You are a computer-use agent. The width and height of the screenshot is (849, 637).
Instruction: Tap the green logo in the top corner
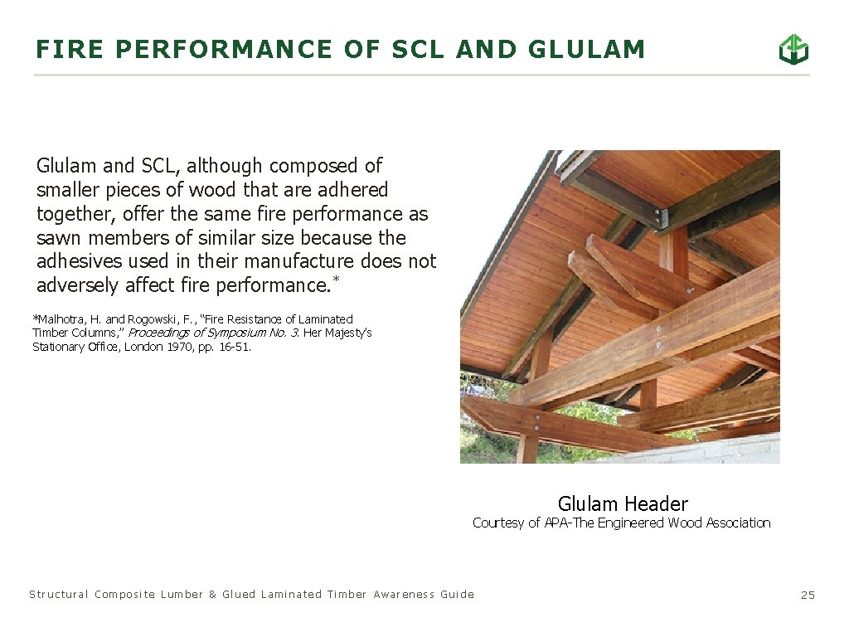(x=793, y=50)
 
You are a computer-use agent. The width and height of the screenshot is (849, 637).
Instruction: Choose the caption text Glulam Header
(x=622, y=503)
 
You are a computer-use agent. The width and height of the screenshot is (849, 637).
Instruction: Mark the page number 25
(x=808, y=595)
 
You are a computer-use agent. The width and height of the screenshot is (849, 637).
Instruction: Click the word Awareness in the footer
(x=403, y=594)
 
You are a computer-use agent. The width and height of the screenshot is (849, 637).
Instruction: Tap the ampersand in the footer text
(x=212, y=594)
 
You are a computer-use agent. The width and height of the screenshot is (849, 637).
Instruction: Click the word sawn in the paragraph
(x=57, y=238)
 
